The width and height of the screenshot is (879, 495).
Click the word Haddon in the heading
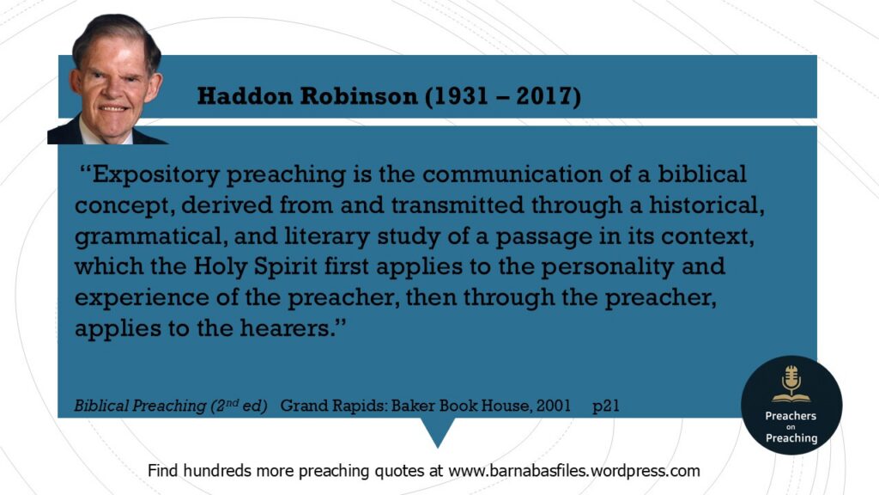point(245,96)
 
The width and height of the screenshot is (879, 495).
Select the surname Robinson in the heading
point(359,96)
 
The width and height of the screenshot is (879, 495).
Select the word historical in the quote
point(707,205)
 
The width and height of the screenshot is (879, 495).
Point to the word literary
point(327,236)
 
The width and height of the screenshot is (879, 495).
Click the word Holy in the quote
point(221,266)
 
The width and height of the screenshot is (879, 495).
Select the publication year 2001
point(554,406)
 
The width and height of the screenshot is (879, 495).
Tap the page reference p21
point(606,406)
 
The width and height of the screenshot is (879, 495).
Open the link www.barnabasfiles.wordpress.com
point(574,470)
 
